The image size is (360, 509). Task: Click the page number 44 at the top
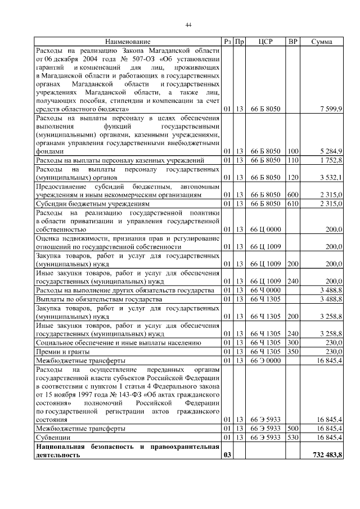[189, 24]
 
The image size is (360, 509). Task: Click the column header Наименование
[127, 42]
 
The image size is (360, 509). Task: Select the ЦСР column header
[265, 42]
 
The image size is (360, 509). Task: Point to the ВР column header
[292, 42]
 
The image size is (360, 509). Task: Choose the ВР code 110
[292, 160]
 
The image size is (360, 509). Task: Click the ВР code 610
[292, 204]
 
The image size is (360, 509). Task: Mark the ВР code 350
[292, 351]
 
